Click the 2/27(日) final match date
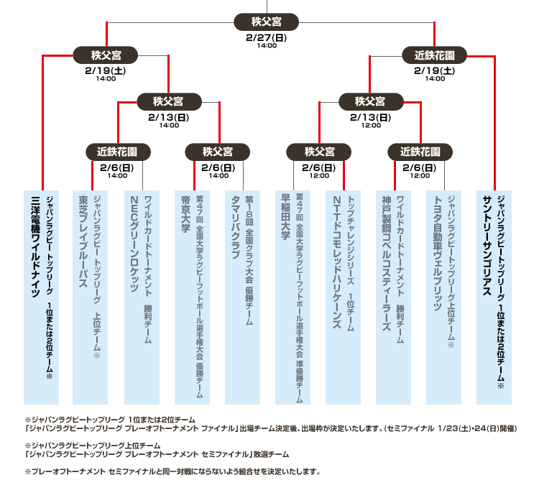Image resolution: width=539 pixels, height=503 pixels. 267,37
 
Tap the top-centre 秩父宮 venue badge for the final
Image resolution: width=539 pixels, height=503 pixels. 267,22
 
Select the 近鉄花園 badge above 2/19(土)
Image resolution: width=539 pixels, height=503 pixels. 435,55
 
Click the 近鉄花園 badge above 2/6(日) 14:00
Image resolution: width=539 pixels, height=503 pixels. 118,152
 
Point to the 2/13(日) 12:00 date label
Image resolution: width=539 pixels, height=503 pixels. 371,120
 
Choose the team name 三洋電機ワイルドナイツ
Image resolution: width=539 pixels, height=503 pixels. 35,246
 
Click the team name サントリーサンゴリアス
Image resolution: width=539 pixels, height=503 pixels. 488,246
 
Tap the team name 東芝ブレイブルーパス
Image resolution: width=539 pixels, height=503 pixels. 83,241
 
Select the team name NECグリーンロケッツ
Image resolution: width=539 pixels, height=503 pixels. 135,244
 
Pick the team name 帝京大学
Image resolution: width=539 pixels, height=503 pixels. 185,214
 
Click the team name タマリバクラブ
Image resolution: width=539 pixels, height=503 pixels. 236,227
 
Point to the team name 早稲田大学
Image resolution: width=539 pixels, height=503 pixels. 285,217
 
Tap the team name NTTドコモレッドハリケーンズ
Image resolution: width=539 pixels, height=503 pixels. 337,262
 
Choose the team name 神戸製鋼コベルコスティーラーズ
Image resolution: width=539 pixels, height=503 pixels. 387,264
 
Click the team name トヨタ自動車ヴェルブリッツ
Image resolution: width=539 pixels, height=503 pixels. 438,253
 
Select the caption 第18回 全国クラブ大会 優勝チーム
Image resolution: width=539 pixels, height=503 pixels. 249,261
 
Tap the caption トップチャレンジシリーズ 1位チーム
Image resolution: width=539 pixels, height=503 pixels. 351,264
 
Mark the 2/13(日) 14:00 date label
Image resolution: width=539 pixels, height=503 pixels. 169,120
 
